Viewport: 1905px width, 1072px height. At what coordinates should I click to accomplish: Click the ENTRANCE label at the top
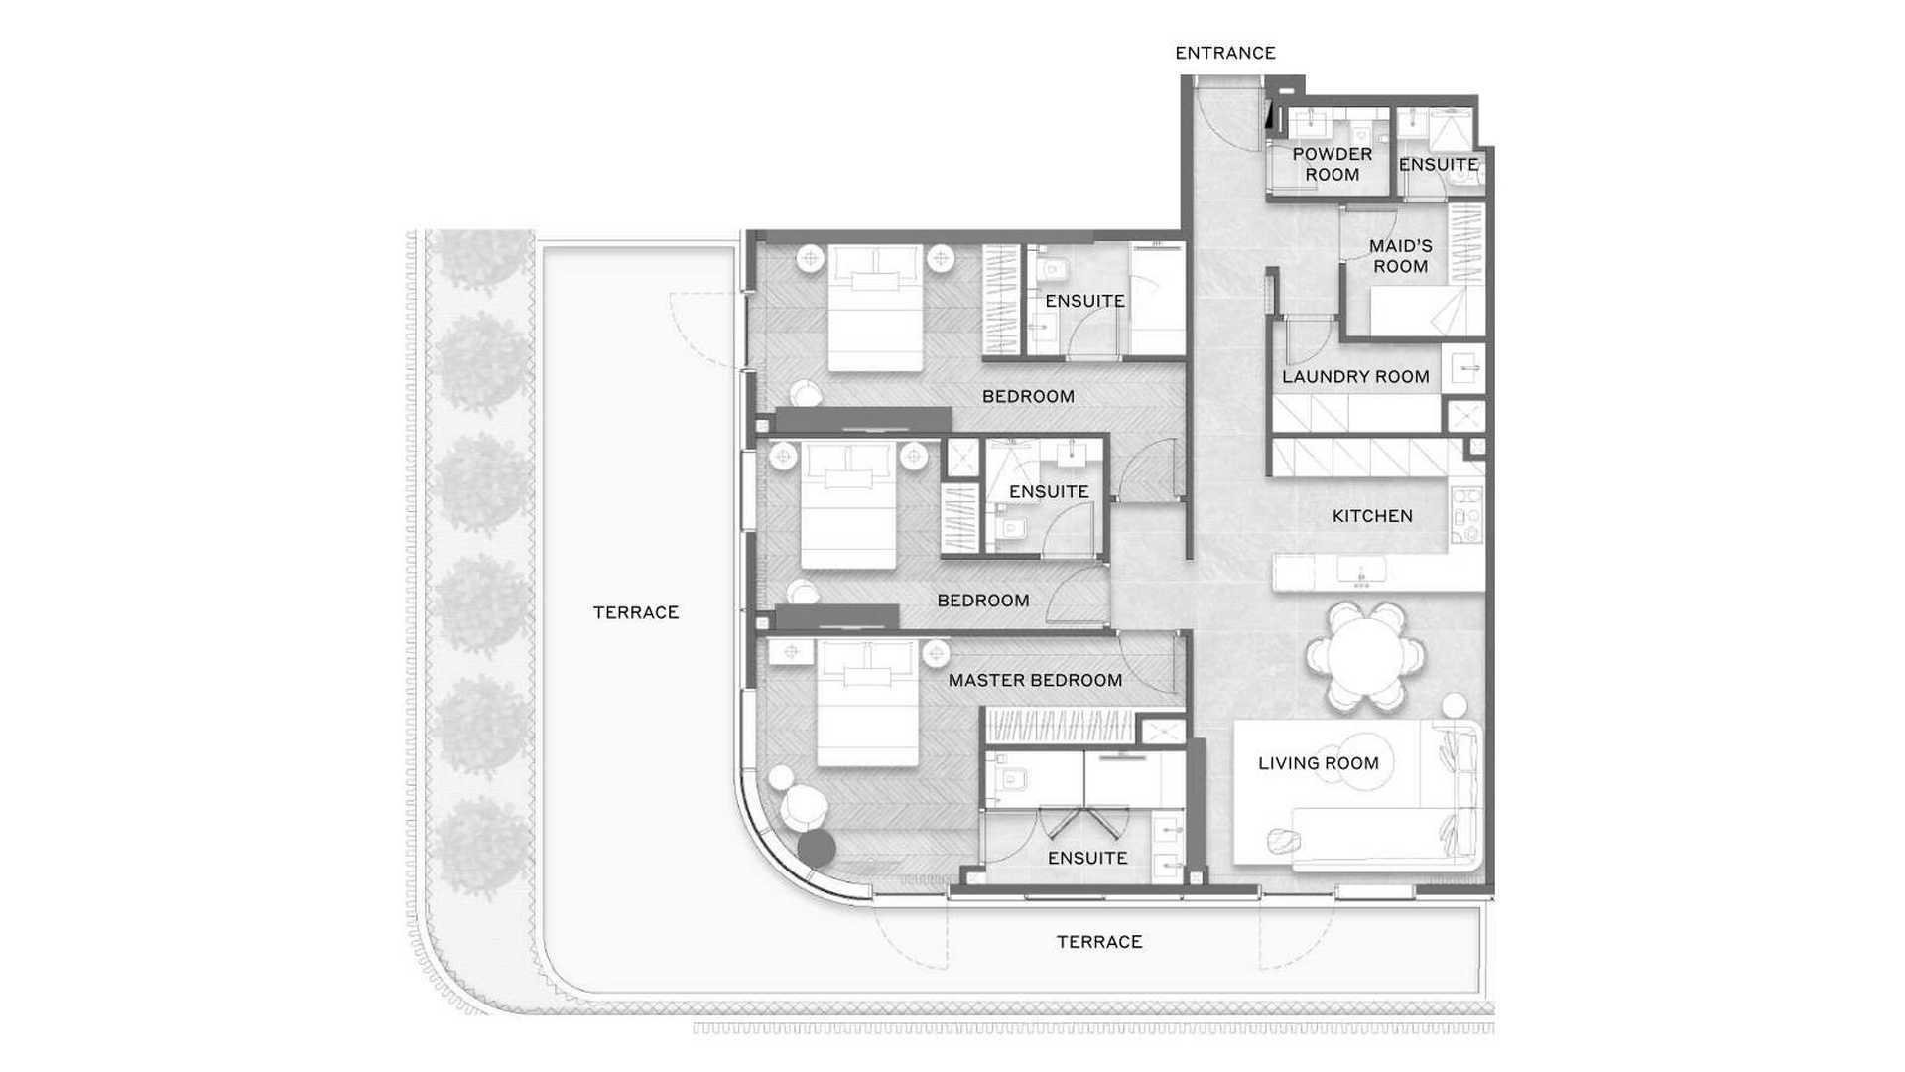1224,53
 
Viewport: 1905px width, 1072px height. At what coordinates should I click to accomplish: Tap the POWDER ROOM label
1332,164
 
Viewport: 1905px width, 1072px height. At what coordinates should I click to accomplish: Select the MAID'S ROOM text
1400,256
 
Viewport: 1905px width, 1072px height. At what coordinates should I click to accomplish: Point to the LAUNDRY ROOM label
1355,377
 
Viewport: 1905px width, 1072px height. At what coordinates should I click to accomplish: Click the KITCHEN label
1372,516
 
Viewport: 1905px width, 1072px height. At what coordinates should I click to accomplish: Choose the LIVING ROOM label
1318,763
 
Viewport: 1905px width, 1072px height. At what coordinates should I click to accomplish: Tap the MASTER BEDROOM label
1035,680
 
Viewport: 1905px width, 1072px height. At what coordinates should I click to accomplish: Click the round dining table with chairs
1365,656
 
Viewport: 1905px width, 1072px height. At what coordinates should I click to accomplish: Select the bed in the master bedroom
867,704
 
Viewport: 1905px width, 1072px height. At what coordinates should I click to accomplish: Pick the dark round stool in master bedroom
817,847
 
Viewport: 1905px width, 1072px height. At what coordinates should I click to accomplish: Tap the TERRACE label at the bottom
1098,942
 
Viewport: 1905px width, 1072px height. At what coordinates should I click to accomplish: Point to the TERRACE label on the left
635,613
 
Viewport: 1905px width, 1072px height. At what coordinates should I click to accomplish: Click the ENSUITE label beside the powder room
1438,165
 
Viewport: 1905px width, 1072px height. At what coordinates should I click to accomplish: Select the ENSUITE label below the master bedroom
1087,858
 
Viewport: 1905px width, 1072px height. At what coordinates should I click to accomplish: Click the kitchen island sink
1360,573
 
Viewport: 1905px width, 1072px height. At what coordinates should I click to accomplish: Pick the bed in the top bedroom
874,309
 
